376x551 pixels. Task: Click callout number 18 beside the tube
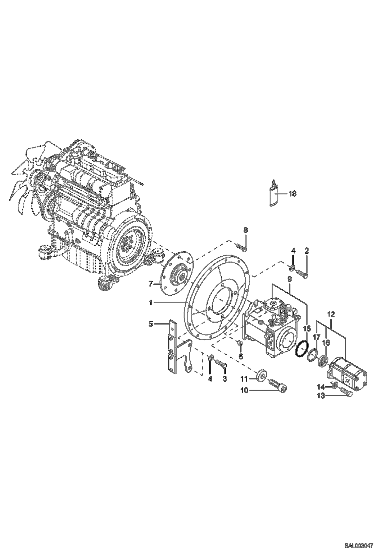(293, 194)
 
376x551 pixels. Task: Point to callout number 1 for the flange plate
(151, 303)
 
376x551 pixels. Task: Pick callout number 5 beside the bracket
(151, 324)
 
